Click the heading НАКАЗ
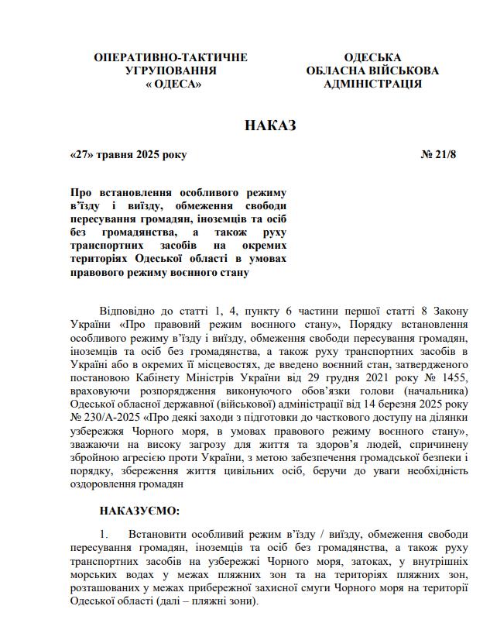point(271,126)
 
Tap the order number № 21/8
point(439,154)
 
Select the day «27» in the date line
point(82,154)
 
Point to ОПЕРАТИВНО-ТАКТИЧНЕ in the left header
point(170,58)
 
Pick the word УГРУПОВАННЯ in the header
point(170,71)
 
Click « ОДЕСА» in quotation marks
point(173,84)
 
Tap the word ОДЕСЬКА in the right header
point(372,58)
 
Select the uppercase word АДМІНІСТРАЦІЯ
point(372,84)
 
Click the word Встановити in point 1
point(158,535)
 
